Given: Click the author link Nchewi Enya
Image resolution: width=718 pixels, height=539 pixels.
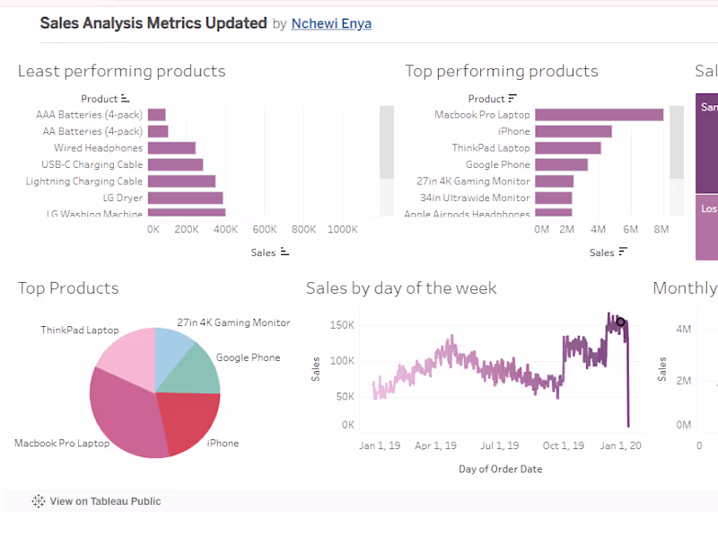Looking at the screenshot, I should coord(331,24).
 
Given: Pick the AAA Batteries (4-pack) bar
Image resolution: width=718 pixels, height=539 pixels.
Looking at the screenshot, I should coord(156,115).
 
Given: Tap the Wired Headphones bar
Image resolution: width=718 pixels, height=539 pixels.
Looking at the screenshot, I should coord(171,148).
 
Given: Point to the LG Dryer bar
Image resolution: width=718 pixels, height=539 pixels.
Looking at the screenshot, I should coord(185,198).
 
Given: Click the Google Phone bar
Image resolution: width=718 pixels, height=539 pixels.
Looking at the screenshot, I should coord(561,164).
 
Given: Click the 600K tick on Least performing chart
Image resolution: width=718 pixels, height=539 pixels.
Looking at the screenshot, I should coord(264,230).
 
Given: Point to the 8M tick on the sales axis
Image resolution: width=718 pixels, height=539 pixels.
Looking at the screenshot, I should coord(661,230).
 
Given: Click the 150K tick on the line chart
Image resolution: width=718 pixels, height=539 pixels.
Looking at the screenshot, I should coord(342,324).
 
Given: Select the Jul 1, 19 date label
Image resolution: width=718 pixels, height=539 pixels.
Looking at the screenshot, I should coord(498,446).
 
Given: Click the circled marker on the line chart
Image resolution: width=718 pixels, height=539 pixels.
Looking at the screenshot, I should coord(620,322).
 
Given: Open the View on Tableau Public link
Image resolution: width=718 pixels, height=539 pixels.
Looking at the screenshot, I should coord(105,501).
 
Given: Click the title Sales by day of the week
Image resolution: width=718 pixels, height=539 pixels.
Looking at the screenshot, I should coord(400,288).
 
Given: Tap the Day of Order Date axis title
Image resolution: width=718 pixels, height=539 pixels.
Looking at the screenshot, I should coord(500,469).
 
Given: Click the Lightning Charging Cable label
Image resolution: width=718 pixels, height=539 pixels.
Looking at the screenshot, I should coord(85,181).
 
